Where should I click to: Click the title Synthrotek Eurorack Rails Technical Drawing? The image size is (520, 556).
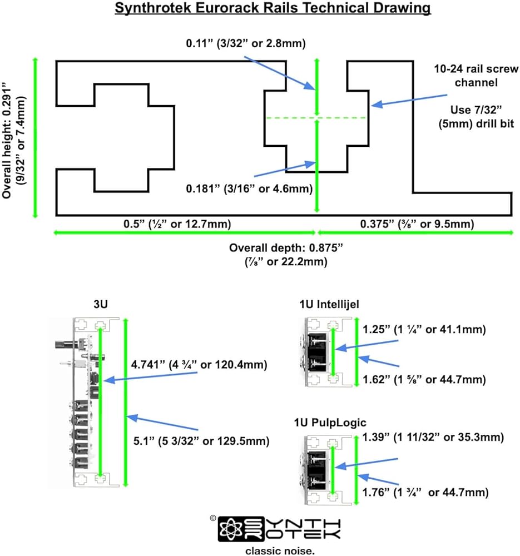point(273,8)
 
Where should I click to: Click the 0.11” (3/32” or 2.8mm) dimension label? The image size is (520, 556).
point(246,43)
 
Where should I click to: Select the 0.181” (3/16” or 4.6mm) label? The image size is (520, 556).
point(249,188)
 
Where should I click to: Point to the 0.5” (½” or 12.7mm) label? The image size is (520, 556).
point(177,224)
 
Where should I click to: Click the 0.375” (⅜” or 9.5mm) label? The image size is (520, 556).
point(417,224)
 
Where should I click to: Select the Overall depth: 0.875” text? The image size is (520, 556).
point(286,247)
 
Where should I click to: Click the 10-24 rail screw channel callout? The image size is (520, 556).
point(476,76)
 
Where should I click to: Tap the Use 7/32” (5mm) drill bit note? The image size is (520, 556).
point(476,117)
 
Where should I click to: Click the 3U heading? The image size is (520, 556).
point(101,304)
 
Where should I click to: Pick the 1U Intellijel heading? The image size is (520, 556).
point(329,304)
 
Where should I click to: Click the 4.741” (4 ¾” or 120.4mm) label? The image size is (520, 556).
point(199,365)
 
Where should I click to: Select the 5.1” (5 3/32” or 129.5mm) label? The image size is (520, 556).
point(201,441)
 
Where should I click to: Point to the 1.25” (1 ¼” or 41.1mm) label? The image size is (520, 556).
point(424,329)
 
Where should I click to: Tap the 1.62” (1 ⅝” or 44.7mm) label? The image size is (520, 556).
point(424,379)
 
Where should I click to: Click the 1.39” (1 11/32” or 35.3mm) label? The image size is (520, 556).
point(433,437)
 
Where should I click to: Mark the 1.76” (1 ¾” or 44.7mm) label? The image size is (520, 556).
point(425,492)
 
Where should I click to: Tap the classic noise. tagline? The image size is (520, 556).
point(280,550)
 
